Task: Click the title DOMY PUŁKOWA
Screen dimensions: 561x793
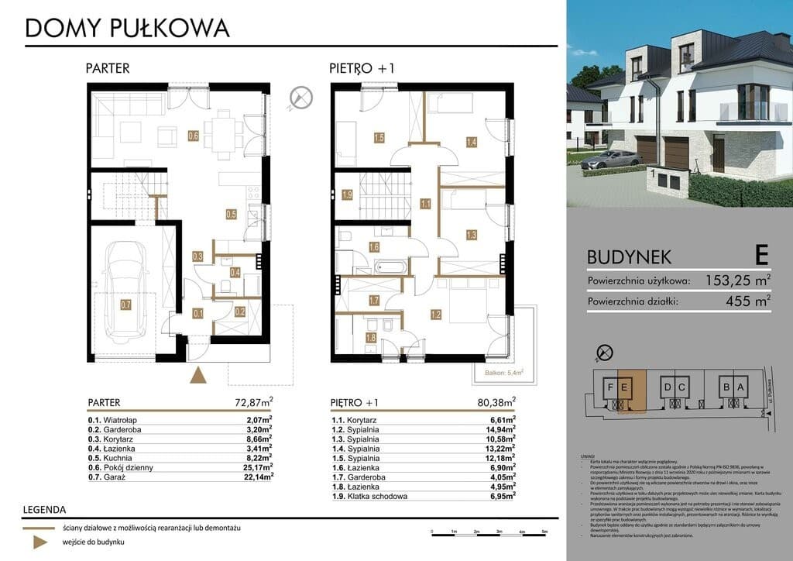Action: [127, 28]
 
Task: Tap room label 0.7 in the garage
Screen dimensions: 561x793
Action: [125, 305]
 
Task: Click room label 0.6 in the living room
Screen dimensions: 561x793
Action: [194, 137]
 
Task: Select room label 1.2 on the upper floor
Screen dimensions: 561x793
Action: [435, 315]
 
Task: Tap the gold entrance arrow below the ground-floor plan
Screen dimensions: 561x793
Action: [199, 376]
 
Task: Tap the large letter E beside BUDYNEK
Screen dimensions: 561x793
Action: [761, 254]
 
